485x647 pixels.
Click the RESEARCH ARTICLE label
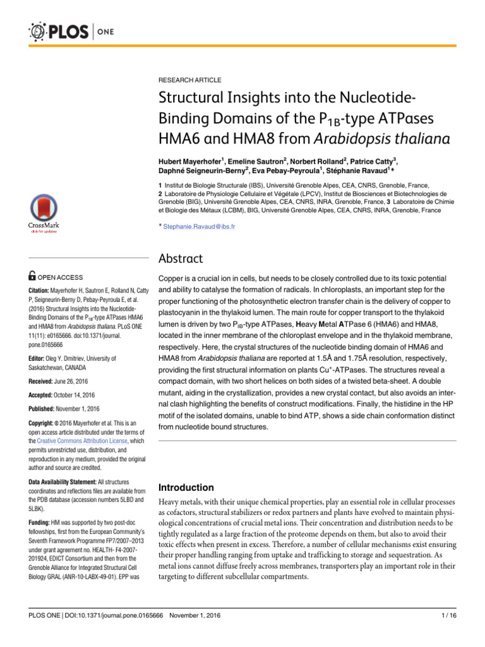[x=189, y=80]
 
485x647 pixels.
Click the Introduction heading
[x=187, y=488]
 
